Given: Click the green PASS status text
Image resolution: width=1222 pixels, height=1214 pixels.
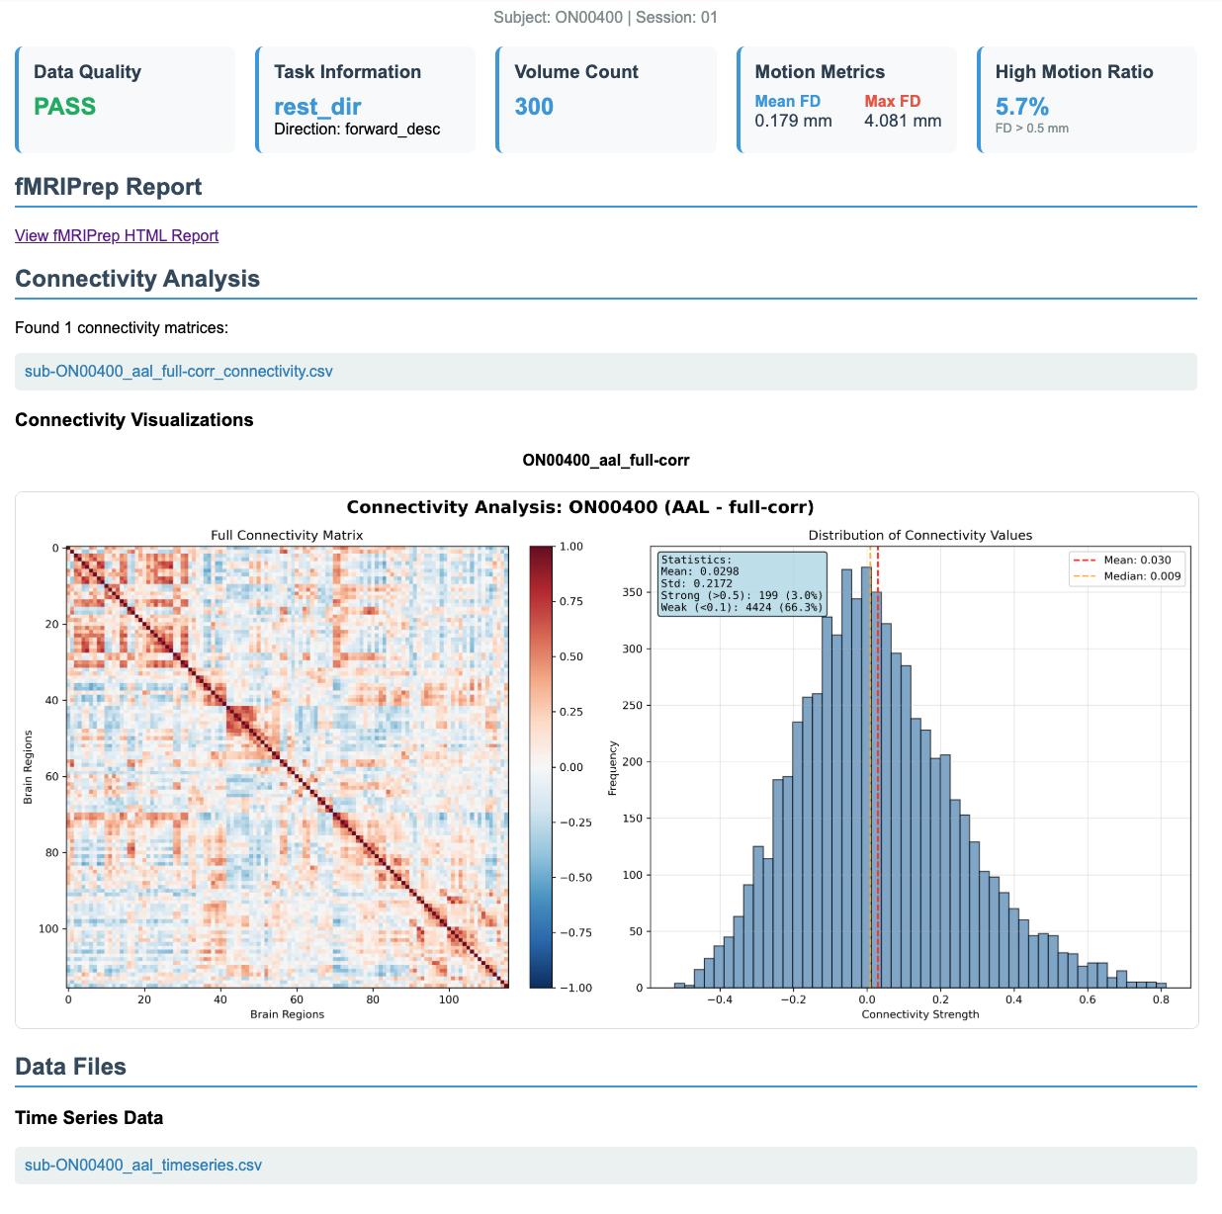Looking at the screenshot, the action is [64, 106].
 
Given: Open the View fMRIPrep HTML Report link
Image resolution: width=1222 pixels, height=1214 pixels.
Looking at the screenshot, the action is [117, 235].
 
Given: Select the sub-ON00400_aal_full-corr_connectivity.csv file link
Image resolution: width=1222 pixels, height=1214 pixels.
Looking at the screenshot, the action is [178, 371].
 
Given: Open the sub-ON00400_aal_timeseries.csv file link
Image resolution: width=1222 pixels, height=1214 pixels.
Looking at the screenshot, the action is [142, 1166].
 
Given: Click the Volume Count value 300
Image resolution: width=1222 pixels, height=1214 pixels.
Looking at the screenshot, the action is [534, 106].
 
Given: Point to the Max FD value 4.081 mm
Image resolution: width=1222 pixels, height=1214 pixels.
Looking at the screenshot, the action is [903, 121].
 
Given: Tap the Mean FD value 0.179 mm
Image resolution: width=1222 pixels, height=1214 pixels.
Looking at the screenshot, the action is [793, 121].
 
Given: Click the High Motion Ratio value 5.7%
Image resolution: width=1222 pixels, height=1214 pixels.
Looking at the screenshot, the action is [1021, 106].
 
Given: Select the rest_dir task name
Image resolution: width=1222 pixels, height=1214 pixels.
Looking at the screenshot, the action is [317, 107].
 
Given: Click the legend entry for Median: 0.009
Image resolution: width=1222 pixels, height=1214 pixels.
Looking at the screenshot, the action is [1127, 576].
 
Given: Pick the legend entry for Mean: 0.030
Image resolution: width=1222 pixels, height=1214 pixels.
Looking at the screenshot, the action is [1122, 561].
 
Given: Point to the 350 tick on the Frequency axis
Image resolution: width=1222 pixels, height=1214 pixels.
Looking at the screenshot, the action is [632, 592].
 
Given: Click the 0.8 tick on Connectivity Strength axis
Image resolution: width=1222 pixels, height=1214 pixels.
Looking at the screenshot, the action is [1161, 999].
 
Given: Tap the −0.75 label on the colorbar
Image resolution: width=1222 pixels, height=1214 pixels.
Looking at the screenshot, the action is [575, 932].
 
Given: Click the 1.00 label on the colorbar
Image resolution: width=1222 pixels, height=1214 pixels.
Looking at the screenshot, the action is [570, 546].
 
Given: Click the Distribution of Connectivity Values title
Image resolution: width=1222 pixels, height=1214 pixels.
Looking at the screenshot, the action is [920, 535].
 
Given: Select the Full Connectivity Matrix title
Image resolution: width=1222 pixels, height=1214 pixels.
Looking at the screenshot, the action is [287, 535].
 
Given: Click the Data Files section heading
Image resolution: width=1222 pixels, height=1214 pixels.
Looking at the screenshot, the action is [70, 1067].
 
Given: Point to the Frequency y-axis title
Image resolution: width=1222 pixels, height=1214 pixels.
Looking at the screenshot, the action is [612, 767].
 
